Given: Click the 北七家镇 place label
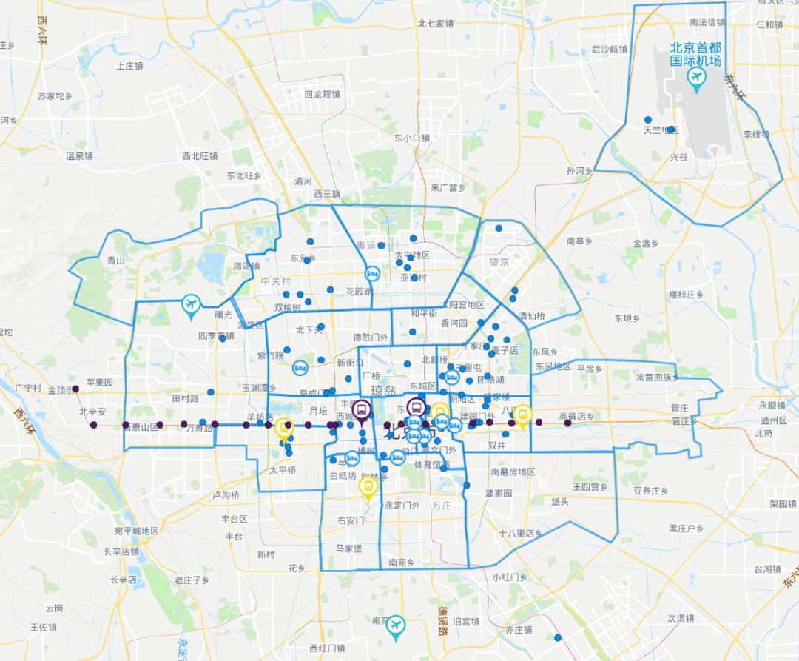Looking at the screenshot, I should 435,23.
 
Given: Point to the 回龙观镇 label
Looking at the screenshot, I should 322,95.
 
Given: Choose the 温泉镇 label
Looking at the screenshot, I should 79,156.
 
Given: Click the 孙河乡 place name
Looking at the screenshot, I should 580,170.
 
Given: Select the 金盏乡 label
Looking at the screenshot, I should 645,243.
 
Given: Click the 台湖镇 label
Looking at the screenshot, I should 767,569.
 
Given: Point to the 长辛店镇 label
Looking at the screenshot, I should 121,551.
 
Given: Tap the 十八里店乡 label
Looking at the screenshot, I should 520,534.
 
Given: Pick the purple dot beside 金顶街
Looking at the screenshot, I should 75,388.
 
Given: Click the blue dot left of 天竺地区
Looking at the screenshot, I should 648,120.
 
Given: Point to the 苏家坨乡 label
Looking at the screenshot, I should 55,96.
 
